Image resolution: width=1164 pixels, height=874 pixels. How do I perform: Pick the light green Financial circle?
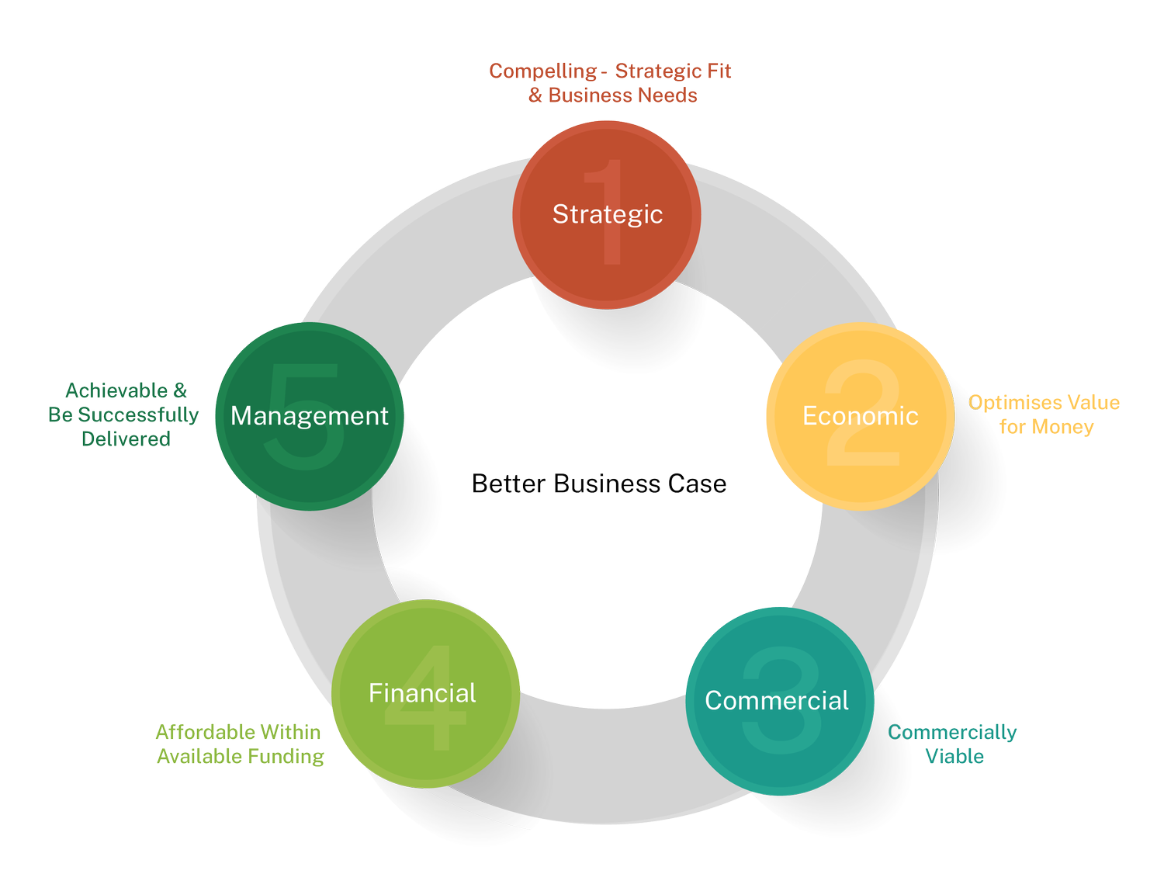pos(426,737)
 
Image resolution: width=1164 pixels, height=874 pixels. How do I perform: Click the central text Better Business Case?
pos(599,484)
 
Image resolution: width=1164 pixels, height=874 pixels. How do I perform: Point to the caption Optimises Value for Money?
pos(1044,415)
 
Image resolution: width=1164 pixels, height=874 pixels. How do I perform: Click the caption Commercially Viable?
pos(953,744)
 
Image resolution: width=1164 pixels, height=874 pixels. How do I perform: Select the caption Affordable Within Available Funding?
pos(239,744)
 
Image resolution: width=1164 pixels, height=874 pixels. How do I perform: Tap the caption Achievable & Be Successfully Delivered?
pos(124,414)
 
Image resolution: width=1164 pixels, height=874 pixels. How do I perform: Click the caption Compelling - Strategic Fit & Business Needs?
pos(611,83)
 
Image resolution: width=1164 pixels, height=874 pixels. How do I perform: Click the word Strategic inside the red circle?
pos(608,214)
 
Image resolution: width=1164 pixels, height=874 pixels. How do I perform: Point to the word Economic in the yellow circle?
pos(861,416)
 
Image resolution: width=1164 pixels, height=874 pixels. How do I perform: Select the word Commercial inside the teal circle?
pos(777,701)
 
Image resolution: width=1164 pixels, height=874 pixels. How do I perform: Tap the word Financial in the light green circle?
pos(422,693)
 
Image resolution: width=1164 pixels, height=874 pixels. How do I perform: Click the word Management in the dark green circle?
pos(309,416)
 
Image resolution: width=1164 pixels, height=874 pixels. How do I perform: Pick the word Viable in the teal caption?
pos(954,757)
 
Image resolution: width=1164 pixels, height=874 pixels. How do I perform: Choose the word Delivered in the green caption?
pos(126,439)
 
